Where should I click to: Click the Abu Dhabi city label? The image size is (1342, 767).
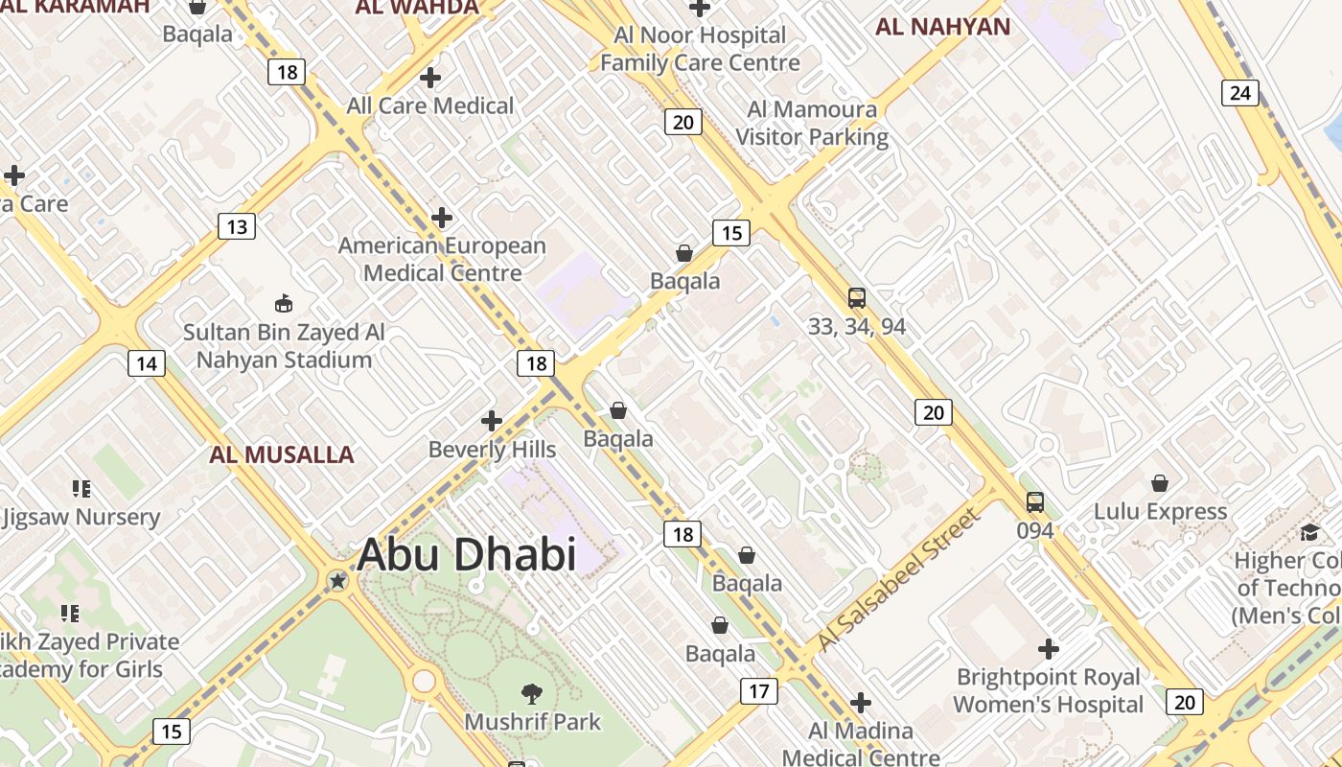coord(466,554)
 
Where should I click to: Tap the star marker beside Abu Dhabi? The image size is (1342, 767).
coord(337,580)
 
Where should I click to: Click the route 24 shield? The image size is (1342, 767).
coord(1239,93)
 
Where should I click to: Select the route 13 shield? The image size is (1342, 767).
coord(237,227)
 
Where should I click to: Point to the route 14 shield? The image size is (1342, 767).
coord(146,363)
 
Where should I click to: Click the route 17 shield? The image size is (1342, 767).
coord(758,690)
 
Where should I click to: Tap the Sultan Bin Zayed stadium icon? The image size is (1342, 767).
coord(284,304)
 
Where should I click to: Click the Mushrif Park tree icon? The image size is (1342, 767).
coord(532,693)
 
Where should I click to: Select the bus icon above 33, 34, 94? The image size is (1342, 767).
coord(856,298)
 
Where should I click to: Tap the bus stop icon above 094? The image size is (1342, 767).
coord(1035,501)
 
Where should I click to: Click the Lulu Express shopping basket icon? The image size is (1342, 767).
coord(1160,483)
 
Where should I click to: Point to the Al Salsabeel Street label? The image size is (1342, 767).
coord(899,581)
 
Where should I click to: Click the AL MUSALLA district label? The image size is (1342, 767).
coord(282,454)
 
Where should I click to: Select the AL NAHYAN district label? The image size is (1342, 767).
coord(942,27)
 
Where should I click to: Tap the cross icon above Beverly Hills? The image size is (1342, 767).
coord(492,421)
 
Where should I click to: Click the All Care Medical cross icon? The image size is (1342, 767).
coord(430,78)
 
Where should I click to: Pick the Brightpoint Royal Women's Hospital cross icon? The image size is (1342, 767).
coord(1049,649)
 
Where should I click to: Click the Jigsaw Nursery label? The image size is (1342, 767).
coord(81,518)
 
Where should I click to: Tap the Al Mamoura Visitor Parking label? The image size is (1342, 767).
coord(812,124)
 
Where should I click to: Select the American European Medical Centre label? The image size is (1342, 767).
coord(442,259)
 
